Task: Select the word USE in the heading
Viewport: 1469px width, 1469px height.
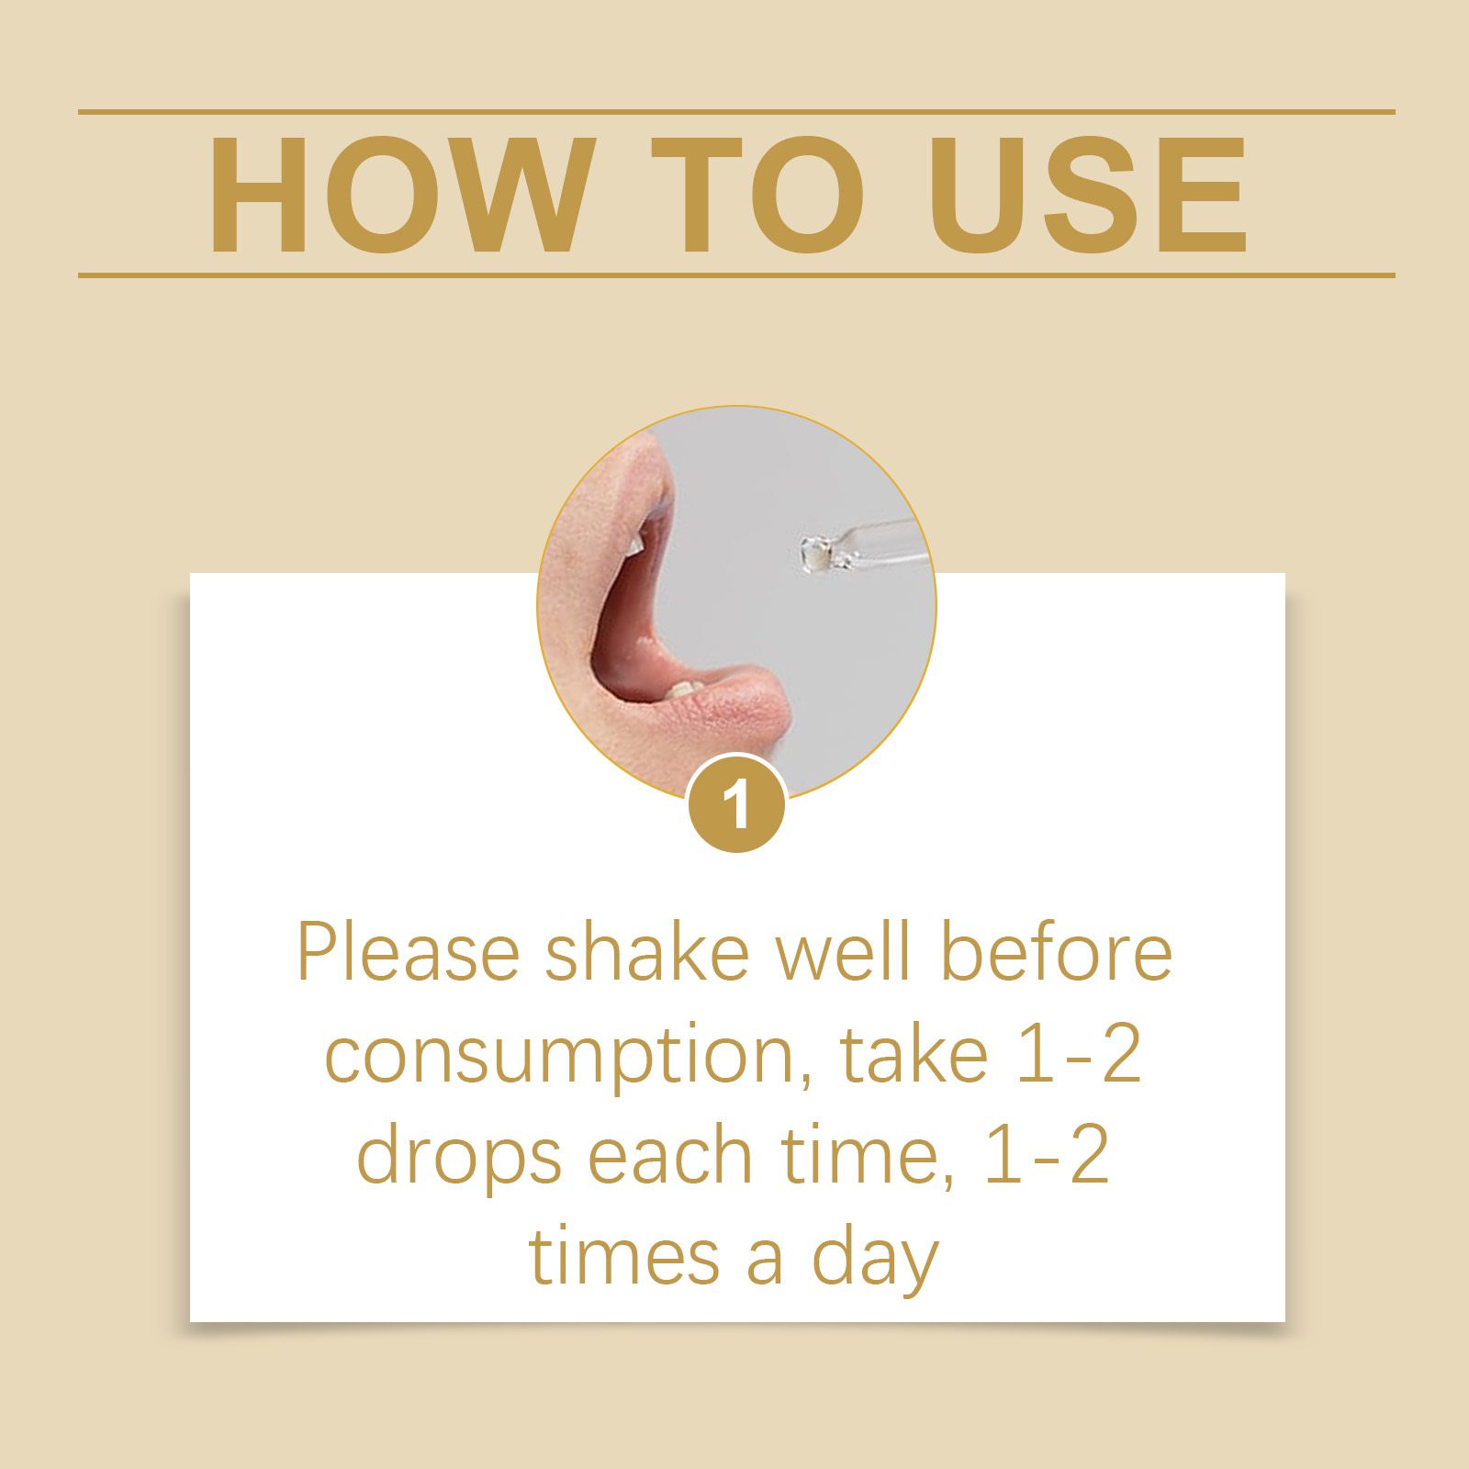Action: [x=1088, y=194]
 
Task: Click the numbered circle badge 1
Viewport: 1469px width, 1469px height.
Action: [x=736, y=803]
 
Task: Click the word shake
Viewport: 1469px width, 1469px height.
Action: [x=647, y=952]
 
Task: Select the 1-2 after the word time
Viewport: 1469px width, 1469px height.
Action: [x=1048, y=1155]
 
